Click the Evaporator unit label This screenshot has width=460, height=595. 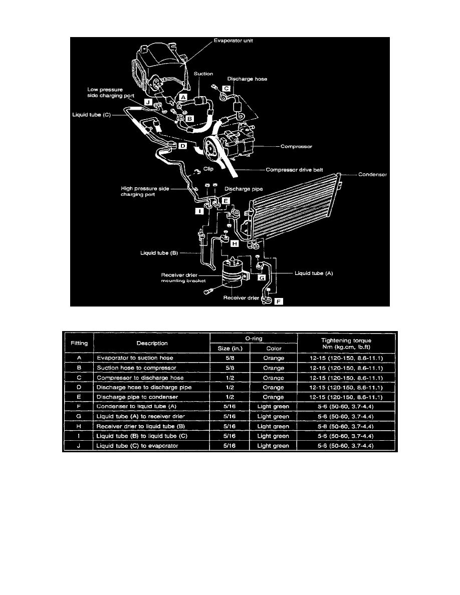pyautogui.click(x=233, y=41)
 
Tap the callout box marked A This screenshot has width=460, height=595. pyautogui.click(x=183, y=98)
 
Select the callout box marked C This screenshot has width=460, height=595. pyautogui.click(x=226, y=89)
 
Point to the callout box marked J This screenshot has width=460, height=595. pyautogui.click(x=148, y=102)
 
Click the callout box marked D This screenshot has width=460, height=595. pyautogui.click(x=182, y=146)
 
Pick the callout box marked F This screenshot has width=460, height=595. pyautogui.click(x=279, y=302)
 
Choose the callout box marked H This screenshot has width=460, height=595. pyautogui.click(x=235, y=243)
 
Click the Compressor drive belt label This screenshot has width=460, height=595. pyautogui.click(x=294, y=170)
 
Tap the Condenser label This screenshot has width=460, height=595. pyautogui.click(x=372, y=175)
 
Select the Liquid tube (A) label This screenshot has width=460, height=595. pyautogui.click(x=314, y=273)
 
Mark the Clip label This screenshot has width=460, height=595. pyautogui.click(x=208, y=169)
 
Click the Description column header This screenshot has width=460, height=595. pyautogui.click(x=152, y=343)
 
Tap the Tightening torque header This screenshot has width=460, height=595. pyautogui.click(x=346, y=344)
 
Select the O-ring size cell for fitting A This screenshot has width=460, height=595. pyautogui.click(x=230, y=358)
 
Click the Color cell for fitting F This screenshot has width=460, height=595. pyautogui.click(x=273, y=406)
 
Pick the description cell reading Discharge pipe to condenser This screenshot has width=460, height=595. pyautogui.click(x=137, y=397)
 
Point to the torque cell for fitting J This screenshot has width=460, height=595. pyautogui.click(x=346, y=446)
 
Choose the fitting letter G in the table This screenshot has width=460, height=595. pyautogui.click(x=79, y=416)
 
